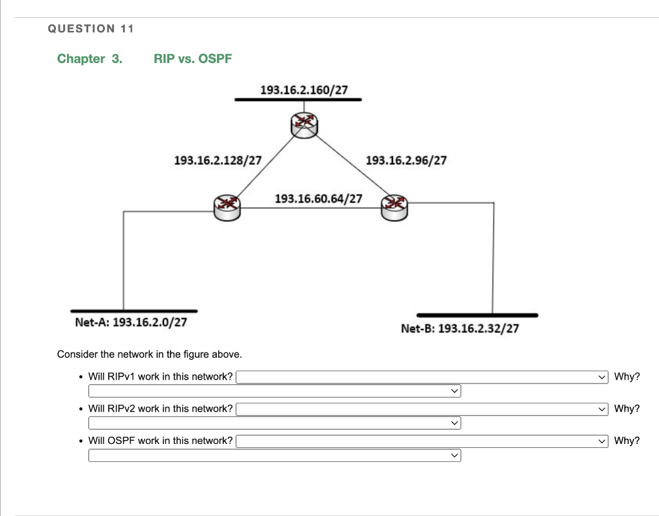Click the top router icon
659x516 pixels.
click(x=304, y=125)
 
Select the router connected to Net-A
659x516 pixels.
click(x=227, y=208)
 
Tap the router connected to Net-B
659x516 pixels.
click(x=394, y=208)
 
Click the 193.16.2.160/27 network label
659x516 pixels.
click(x=304, y=90)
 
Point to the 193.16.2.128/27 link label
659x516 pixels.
click(x=218, y=160)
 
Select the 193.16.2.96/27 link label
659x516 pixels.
click(x=406, y=160)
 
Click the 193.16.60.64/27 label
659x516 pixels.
click(x=319, y=198)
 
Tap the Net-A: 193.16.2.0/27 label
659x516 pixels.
click(x=131, y=322)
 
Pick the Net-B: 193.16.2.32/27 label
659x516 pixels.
click(x=459, y=329)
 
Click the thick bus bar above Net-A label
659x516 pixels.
click(x=134, y=311)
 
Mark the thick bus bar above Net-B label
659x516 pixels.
click(x=478, y=315)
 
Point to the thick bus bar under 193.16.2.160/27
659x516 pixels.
click(x=298, y=100)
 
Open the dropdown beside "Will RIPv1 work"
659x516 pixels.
click(x=422, y=377)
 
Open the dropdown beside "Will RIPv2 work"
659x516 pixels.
click(x=422, y=409)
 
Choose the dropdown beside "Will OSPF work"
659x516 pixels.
click(x=422, y=441)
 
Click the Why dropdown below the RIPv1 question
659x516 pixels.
click(x=274, y=391)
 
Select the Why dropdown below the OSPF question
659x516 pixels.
click(x=274, y=456)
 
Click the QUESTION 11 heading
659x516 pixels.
click(x=91, y=28)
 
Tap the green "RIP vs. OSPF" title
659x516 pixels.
click(x=192, y=59)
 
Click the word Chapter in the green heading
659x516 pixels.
click(x=81, y=59)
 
